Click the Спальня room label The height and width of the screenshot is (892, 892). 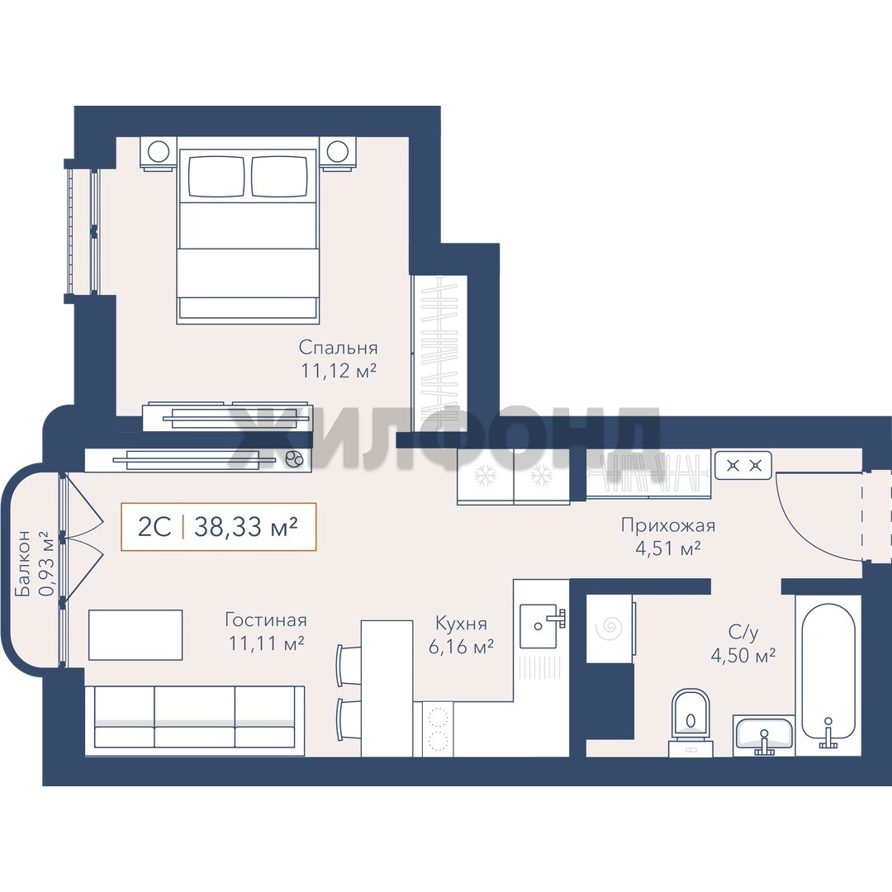coord(338,348)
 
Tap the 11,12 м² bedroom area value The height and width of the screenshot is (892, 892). coord(339,371)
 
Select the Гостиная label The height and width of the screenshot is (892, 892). coord(266,619)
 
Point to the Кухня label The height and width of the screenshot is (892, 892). coord(461,624)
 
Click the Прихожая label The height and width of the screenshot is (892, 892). coord(668,525)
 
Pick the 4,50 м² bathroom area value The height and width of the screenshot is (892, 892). coord(743,656)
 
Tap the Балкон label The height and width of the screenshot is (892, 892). coord(24,564)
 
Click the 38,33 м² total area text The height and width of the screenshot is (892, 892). coord(246,527)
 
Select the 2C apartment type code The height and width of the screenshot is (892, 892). coord(154,527)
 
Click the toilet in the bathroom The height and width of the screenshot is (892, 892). coord(690,722)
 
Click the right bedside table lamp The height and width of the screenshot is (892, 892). coord(338,151)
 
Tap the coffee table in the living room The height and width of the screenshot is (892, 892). coord(135,635)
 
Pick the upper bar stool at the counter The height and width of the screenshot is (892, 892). coord(349,664)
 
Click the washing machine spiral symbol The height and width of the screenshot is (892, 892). coord(609,629)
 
